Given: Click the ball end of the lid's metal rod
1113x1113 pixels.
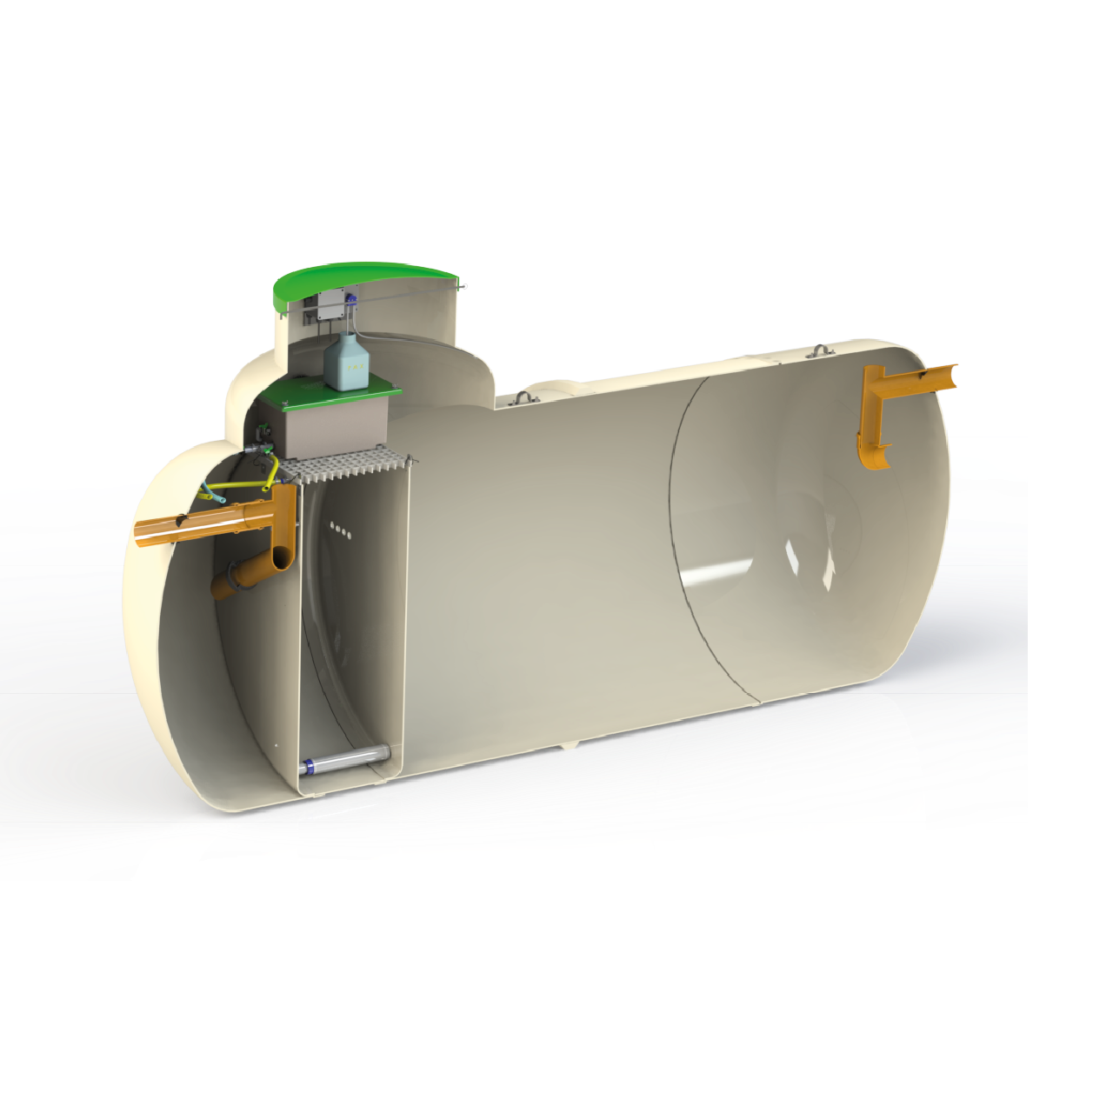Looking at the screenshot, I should (465, 283).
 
